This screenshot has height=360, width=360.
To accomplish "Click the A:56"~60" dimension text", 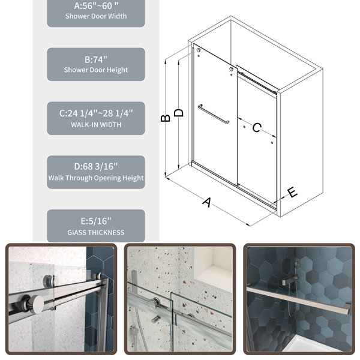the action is [96, 6].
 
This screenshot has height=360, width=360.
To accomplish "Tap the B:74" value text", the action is [96, 59].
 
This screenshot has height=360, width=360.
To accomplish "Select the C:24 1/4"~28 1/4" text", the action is [96, 113].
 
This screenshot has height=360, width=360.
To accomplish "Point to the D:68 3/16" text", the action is [96, 166].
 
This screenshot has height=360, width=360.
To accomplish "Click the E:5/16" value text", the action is [96, 221].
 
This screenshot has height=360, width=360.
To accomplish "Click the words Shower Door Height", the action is [96, 70].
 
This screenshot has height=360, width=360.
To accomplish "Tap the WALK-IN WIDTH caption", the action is [96, 125].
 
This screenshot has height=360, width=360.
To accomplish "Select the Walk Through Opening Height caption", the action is [96, 178].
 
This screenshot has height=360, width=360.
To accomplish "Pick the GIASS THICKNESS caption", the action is [96, 233].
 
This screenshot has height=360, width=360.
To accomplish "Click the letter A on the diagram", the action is [207, 202].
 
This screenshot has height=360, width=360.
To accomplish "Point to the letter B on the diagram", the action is [166, 118].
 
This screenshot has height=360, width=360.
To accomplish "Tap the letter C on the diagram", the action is [257, 127].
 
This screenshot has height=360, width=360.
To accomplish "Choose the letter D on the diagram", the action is [179, 113].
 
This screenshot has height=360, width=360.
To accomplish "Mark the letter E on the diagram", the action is [292, 192].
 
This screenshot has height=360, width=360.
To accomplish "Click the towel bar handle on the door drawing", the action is [214, 114].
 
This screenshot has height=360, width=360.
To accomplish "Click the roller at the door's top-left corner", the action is [199, 50].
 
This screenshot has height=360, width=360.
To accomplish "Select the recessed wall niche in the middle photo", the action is [213, 269].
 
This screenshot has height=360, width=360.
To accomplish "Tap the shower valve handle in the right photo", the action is [289, 281].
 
